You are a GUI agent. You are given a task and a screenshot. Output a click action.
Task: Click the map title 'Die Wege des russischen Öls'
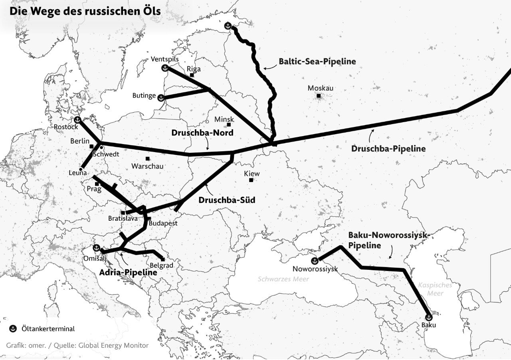(x=85, y=11)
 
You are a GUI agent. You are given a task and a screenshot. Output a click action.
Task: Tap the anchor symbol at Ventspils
(x=164, y=68)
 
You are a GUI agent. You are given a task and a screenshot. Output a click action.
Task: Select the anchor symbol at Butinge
(x=161, y=98)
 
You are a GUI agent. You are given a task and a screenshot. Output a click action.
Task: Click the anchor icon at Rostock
(x=77, y=120)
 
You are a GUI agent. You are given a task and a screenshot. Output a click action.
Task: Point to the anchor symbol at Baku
(x=429, y=318)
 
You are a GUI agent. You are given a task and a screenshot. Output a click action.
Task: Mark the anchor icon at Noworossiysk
(x=315, y=261)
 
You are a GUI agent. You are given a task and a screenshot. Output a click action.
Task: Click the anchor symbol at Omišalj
(x=96, y=248)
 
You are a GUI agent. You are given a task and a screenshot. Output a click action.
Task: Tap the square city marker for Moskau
(x=319, y=96)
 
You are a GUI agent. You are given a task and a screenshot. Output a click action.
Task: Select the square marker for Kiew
(x=251, y=180)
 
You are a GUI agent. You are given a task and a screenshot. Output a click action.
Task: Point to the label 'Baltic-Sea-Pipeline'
(x=317, y=61)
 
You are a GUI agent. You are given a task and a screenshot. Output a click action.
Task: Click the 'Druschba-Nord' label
(x=202, y=133)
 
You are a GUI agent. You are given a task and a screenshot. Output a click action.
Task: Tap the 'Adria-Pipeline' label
(x=128, y=273)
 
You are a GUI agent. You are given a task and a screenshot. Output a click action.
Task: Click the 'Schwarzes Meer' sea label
(x=283, y=279)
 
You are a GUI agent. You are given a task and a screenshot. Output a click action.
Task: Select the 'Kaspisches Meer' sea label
(x=435, y=289)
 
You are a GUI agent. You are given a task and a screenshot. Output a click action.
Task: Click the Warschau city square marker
(x=147, y=159)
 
